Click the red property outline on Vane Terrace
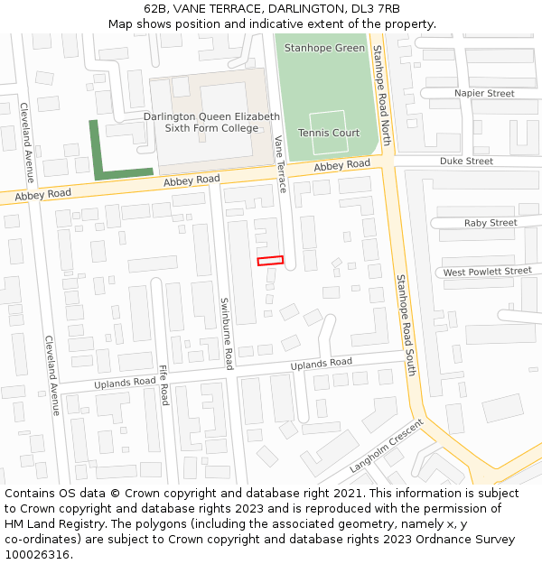(x=270, y=261)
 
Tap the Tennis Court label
(x=329, y=134)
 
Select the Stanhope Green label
(x=324, y=48)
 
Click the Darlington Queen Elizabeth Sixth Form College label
(x=211, y=123)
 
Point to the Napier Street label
(x=484, y=94)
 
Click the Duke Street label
(x=466, y=162)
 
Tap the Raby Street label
(x=491, y=223)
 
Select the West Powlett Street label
(x=487, y=272)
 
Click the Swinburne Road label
(x=227, y=333)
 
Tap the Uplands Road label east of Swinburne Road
(x=321, y=364)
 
